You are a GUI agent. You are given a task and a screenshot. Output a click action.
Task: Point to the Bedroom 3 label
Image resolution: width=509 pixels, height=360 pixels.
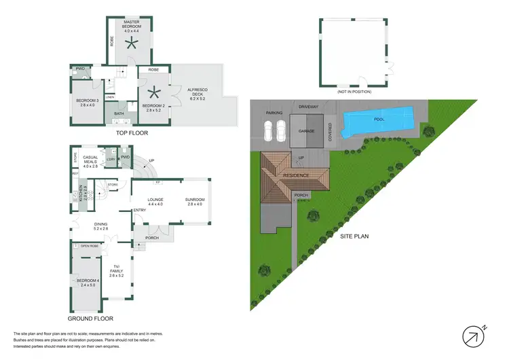(x=88, y=103)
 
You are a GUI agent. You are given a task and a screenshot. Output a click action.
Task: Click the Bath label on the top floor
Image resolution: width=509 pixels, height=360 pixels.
(x=119, y=114)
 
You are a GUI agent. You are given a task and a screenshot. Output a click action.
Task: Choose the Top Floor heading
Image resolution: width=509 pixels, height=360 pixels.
(x=132, y=134)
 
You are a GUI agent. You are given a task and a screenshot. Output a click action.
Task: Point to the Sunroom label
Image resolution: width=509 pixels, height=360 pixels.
(x=195, y=200)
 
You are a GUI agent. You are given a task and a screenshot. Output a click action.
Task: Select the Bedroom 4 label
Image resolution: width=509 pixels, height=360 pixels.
(x=87, y=283)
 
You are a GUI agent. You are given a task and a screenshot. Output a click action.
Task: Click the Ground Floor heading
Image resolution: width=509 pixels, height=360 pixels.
(x=90, y=318)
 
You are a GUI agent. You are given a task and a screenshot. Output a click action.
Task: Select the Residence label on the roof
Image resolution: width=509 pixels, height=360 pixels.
(x=297, y=175)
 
